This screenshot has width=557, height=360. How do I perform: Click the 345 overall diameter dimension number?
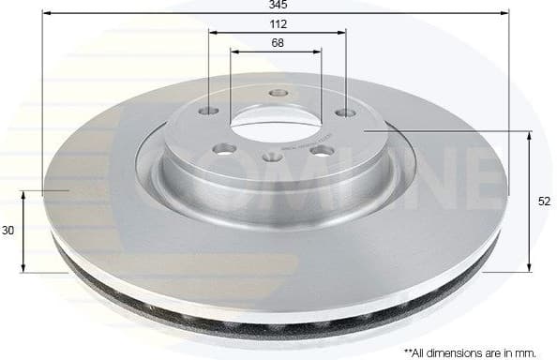277,6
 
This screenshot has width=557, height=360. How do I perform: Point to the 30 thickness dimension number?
8,230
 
